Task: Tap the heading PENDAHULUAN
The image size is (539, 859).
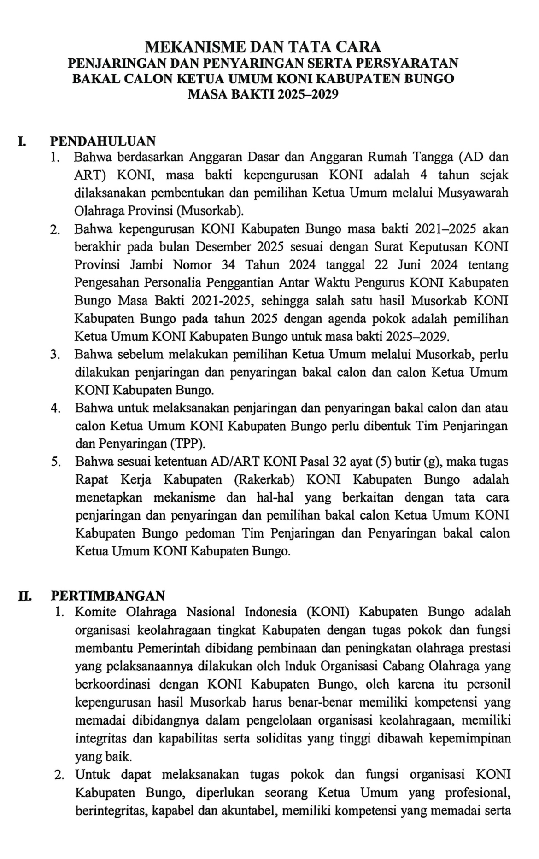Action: pyautogui.click(x=103, y=140)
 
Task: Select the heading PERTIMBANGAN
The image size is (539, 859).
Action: pyautogui.click(x=107, y=596)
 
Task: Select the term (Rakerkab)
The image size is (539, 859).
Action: pyautogui.click(x=264, y=479)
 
